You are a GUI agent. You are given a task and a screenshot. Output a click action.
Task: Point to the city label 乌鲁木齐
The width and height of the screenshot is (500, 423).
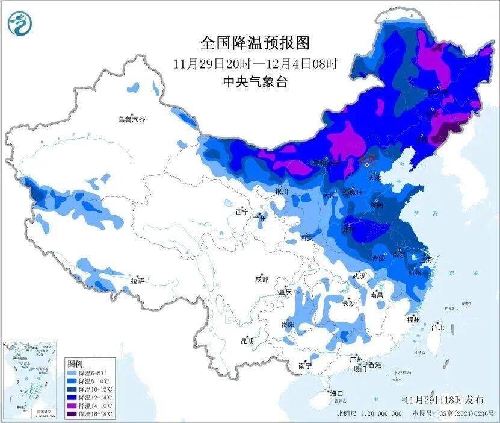pos(131,120)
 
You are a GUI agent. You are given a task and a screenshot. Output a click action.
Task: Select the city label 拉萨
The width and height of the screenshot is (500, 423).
pos(137,281)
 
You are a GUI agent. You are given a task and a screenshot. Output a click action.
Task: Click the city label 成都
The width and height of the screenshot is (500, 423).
pos(262,279)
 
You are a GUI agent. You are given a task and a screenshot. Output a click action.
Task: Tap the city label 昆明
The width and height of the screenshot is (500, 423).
pos(247,341)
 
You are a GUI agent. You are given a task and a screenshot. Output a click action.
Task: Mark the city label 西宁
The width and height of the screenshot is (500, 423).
pos(242,212)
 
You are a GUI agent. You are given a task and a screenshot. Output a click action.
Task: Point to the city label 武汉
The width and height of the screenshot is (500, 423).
pos(359,275)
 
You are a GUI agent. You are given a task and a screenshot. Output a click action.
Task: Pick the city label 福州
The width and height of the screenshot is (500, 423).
pos(413,320)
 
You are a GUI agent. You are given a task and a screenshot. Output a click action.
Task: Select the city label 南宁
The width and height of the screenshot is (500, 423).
pos(305,366)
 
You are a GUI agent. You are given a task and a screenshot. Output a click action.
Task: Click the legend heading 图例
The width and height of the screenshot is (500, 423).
pos(75,364)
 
